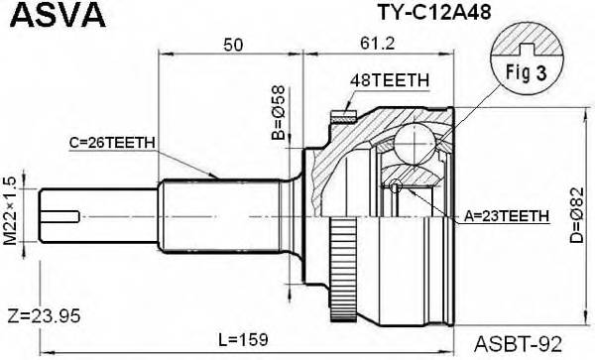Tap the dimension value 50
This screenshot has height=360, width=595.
[233, 46]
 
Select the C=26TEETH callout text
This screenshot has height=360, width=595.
[112, 143]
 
